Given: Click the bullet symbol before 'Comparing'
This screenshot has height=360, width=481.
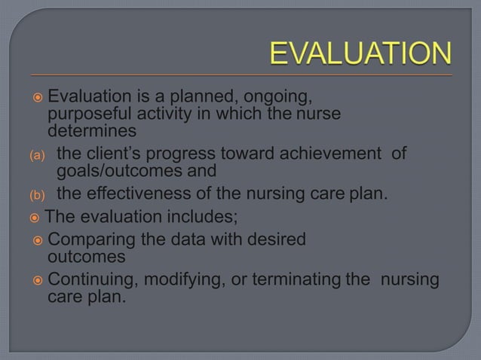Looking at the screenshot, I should point(38,241).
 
